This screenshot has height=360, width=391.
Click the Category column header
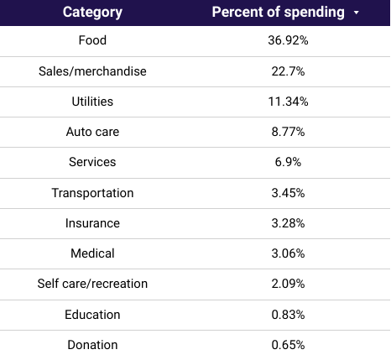click(92, 13)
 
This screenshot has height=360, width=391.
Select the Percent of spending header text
click(278, 13)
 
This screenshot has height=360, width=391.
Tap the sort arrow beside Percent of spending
click(356, 13)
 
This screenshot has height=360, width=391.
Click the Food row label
click(92, 40)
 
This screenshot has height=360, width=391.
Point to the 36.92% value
click(288, 40)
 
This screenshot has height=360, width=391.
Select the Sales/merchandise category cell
click(92, 71)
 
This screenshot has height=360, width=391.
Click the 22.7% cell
click(288, 71)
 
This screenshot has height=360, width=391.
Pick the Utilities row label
click(92, 102)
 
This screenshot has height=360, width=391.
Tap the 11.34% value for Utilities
click(288, 102)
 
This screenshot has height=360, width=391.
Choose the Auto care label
click(92, 132)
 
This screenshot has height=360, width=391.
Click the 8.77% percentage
click(288, 132)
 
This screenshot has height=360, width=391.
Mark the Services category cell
click(92, 162)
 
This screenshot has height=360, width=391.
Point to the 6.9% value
click(288, 162)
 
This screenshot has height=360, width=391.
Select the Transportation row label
click(92, 193)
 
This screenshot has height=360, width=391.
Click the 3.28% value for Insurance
click(288, 223)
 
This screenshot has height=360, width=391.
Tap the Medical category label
click(92, 253)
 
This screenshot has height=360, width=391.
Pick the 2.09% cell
click(288, 284)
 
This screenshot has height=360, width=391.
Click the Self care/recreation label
click(92, 284)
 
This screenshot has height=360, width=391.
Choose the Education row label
click(92, 315)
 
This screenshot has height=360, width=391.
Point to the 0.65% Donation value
click(288, 345)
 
